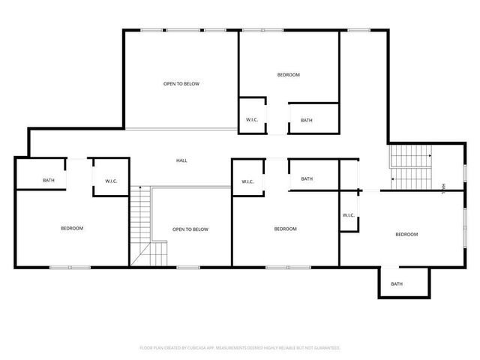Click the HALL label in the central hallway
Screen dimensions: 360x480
coord(181,160)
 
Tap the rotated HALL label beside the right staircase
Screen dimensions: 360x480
coord(443,187)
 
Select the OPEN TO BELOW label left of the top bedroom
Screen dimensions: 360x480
coord(181,84)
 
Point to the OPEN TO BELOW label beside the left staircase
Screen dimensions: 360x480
coord(190,229)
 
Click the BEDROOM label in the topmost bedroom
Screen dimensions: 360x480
coord(289,74)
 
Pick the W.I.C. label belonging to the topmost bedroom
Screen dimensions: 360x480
coord(252,120)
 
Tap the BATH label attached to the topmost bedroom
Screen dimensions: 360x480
coord(307,120)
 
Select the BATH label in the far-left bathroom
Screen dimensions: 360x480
coord(49,180)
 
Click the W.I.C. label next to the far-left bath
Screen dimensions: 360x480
coord(111,180)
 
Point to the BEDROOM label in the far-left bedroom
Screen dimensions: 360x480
coord(72,228)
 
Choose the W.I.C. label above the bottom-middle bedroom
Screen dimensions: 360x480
coord(247,181)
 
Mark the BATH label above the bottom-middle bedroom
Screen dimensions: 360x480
coord(307,178)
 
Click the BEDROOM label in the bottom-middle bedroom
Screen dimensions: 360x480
coord(285,229)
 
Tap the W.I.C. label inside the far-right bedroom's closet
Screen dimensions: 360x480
coord(349,215)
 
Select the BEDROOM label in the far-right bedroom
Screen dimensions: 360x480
coord(406,235)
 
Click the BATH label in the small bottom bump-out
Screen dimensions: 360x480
coord(397,283)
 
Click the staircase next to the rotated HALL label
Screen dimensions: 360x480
coord(410,168)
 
